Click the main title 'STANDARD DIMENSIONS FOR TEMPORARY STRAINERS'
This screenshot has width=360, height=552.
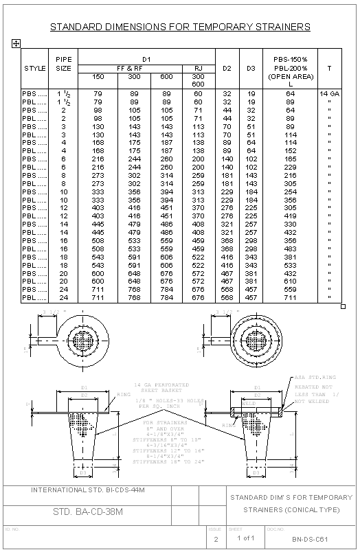[180, 27]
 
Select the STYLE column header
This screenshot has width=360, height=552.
[34, 69]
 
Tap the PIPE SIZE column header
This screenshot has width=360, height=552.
[63, 65]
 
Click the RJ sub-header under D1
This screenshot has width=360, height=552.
[199, 69]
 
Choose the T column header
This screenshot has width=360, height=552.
[329, 69]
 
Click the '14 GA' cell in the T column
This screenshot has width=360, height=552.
[329, 92]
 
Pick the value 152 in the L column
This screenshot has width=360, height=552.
[291, 151]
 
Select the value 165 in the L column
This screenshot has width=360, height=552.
[291, 159]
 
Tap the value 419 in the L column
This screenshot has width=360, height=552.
[291, 215]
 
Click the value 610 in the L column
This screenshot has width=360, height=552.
[291, 281]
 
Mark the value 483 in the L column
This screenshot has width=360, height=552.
[291, 249]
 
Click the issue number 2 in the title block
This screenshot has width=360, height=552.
[216, 540]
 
